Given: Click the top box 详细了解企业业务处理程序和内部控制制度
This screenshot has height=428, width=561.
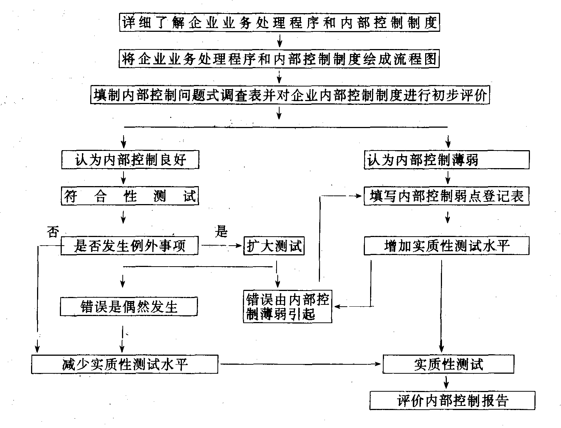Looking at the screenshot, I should pos(280,23).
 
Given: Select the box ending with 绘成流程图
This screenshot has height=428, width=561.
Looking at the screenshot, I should pos(280,59).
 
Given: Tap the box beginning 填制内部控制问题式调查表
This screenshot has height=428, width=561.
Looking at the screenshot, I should pos(290,95).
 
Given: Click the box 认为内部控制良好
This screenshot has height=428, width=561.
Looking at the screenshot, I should pos(130,160).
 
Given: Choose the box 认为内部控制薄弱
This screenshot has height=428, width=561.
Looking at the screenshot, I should pos(446,160).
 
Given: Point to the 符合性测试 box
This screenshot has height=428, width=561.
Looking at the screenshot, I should pos(130,196).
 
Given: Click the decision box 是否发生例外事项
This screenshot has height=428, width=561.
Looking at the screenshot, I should pos(129,246).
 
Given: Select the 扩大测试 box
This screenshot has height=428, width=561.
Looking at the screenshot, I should pos(274,246).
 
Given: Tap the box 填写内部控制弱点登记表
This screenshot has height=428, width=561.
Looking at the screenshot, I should pos(446,196).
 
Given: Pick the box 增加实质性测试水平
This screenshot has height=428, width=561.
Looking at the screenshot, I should pos(446,246).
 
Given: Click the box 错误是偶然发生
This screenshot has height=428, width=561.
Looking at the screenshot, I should pos(129,307).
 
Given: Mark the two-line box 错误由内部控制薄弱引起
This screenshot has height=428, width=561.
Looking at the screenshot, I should pos(287,306).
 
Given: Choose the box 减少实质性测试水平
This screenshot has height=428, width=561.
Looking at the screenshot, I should pos(125,364).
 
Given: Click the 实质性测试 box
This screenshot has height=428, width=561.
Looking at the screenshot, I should pos(448,364).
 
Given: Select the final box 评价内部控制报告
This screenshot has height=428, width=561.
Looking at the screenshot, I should pos(452,400).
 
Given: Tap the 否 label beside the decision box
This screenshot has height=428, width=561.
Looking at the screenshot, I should pos(53,232).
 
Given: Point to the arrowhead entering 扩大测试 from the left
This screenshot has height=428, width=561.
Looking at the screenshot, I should pos(240,246).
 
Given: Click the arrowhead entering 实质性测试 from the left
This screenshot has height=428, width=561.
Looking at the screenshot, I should pos(379,364).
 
